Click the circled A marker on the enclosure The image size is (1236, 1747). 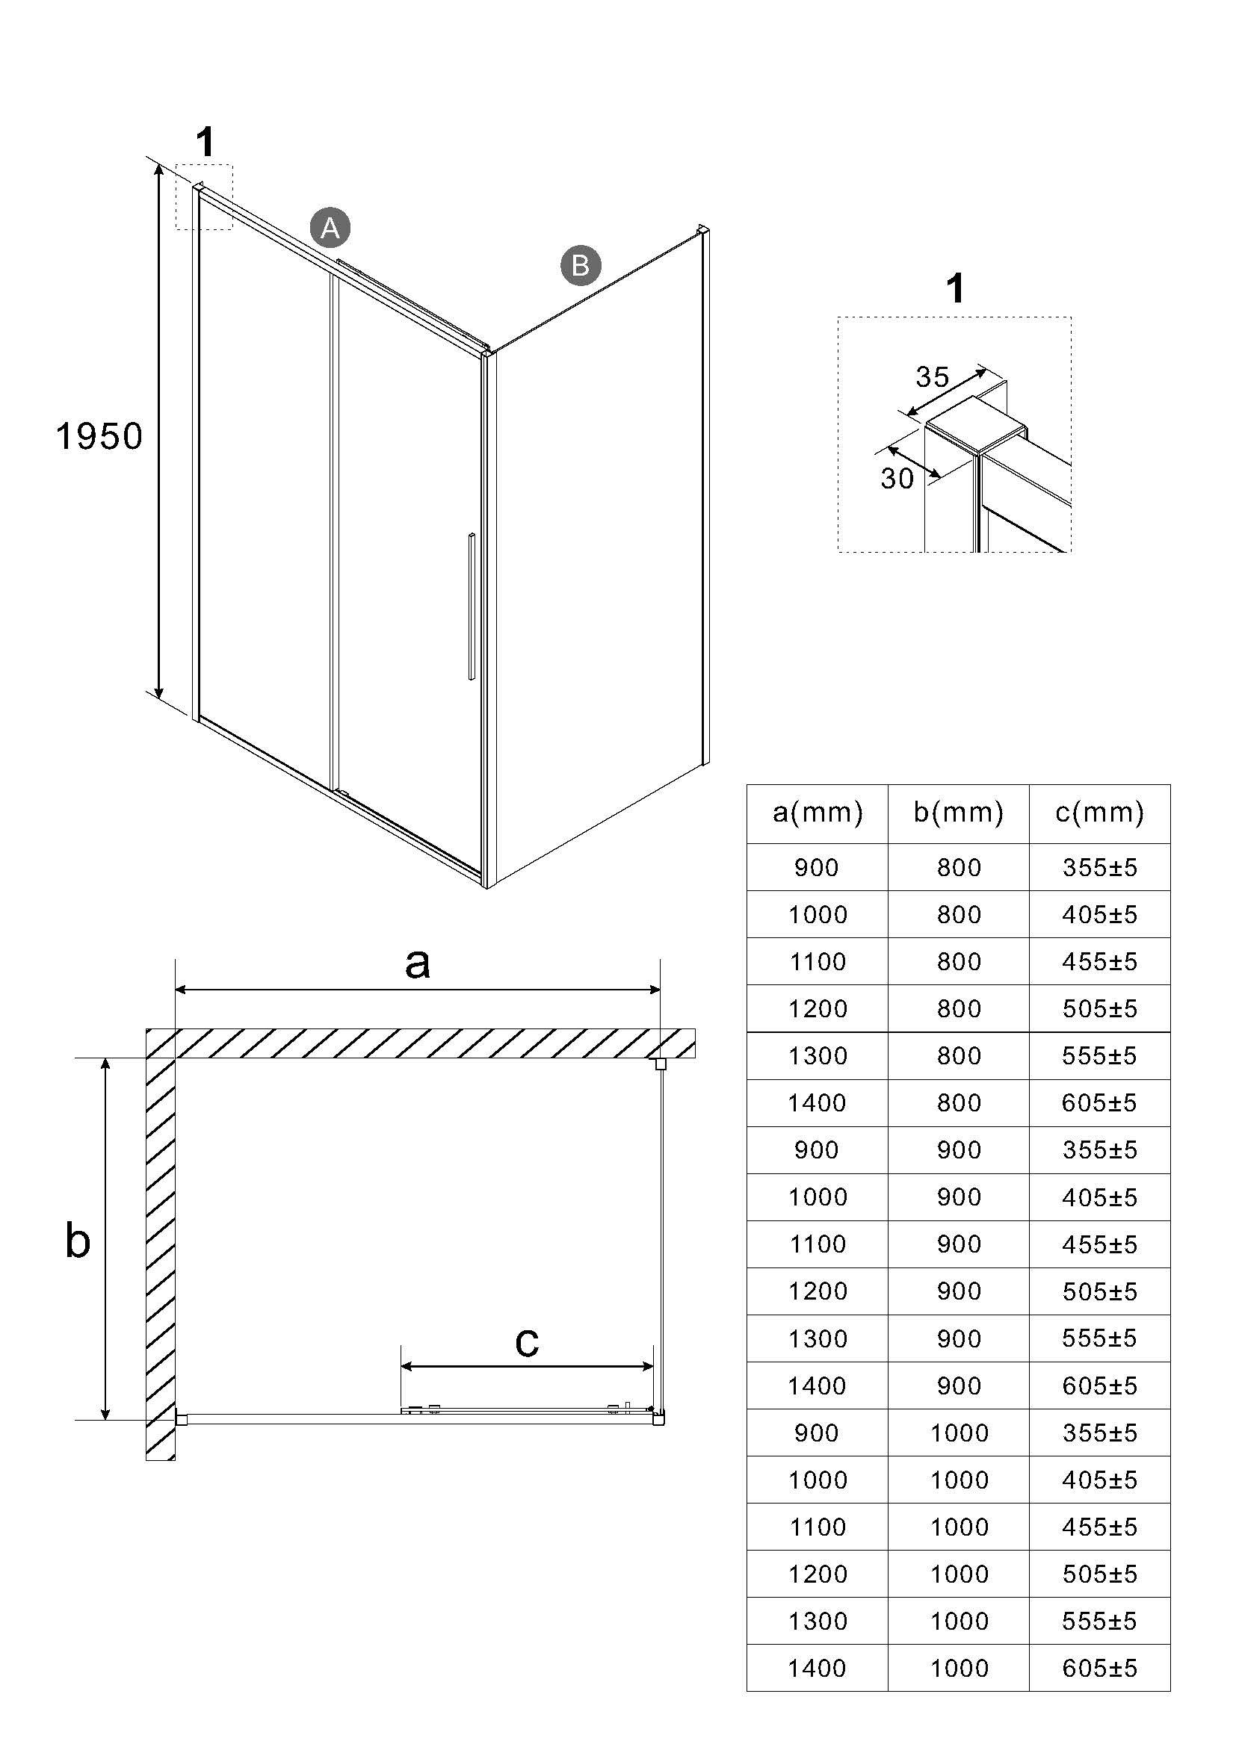pyautogui.click(x=330, y=227)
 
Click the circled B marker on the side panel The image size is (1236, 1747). pyautogui.click(x=581, y=266)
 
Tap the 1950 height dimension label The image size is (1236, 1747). pyautogui.click(x=99, y=437)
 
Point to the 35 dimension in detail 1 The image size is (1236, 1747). pyautogui.click(x=933, y=376)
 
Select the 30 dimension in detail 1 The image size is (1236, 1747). pyautogui.click(x=897, y=478)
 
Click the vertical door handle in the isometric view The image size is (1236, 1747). pyautogui.click(x=472, y=606)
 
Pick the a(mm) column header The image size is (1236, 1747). pyautogui.click(x=818, y=813)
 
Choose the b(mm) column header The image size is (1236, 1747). pyautogui.click(x=958, y=813)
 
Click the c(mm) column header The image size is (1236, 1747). pyautogui.click(x=1100, y=813)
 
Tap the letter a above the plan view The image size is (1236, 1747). pyautogui.click(x=417, y=964)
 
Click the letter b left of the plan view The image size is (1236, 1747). pyautogui.click(x=78, y=1241)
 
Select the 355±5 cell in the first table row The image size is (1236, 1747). pyautogui.click(x=1100, y=867)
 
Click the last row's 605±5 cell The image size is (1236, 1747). pyautogui.click(x=1100, y=1668)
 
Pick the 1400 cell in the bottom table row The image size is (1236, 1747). pyautogui.click(x=818, y=1668)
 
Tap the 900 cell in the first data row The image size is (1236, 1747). pyautogui.click(x=818, y=867)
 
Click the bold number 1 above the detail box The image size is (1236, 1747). pyautogui.click(x=956, y=289)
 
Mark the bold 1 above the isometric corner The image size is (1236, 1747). pyautogui.click(x=206, y=143)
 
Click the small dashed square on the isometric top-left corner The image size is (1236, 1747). pyautogui.click(x=204, y=197)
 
